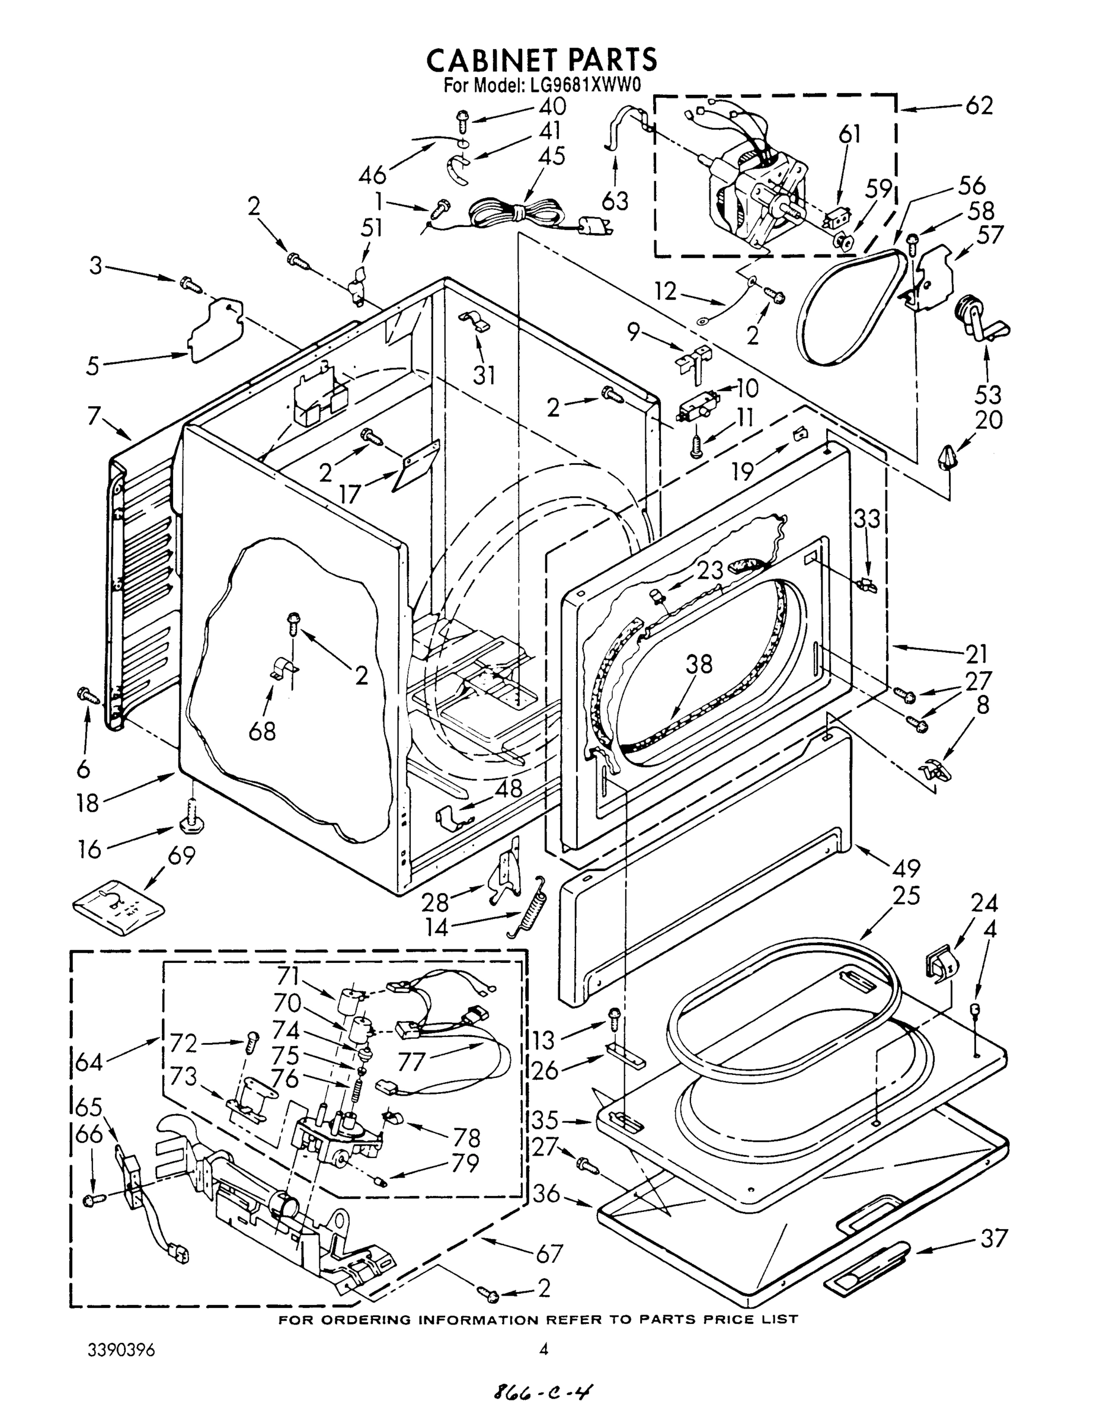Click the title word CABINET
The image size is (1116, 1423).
point(492,60)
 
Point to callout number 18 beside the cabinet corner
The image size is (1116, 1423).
point(87,803)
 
